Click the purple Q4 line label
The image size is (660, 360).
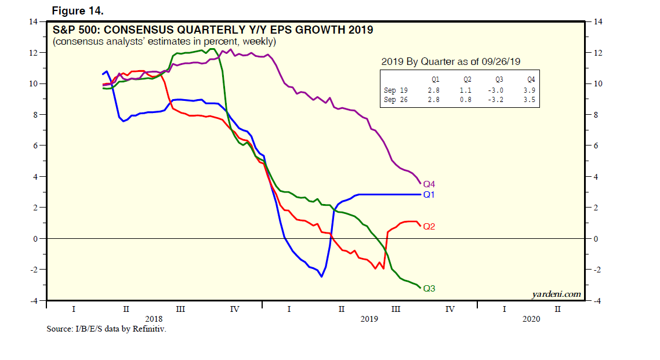[429, 184]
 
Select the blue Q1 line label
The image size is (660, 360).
[429, 195]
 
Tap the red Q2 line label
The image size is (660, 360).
[429, 226]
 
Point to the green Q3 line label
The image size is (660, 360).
[429, 288]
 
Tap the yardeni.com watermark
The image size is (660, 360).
[556, 294]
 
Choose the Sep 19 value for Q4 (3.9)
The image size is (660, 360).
[529, 90]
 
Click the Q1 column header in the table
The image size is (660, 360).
[434, 79]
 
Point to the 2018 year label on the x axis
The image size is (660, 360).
[154, 319]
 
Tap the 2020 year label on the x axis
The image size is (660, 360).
[531, 319]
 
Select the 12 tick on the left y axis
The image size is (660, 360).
[34, 53]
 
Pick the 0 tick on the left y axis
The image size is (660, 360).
[35, 239]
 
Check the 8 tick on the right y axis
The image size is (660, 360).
[594, 115]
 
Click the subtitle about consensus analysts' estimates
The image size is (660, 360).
[164, 42]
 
